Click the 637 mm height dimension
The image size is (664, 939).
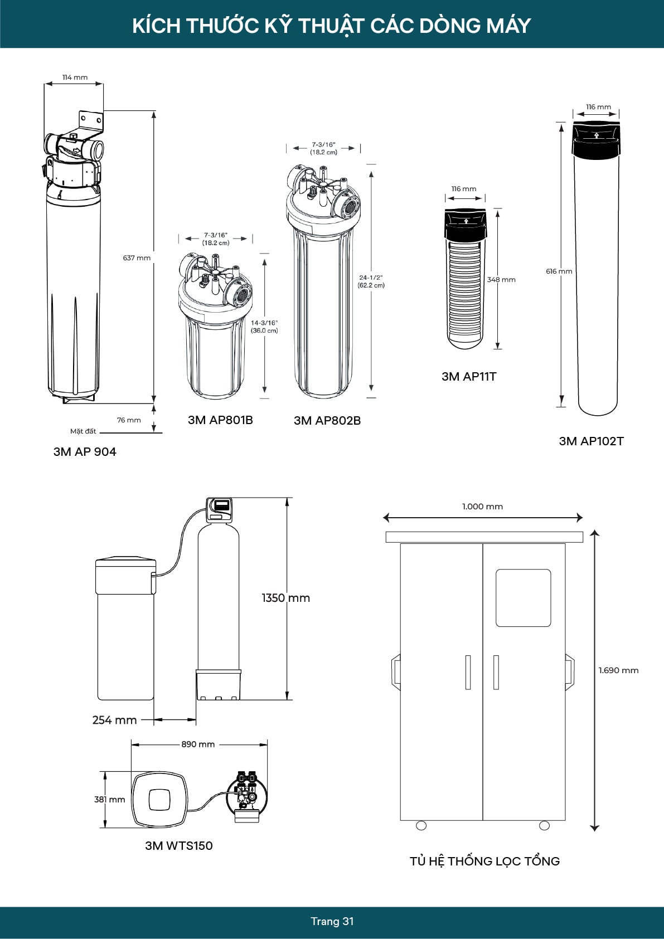click(137, 258)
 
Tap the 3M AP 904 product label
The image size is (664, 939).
click(85, 452)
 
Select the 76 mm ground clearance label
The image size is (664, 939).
click(129, 420)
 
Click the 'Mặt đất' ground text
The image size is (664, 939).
click(83, 431)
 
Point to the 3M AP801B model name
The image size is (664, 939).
click(220, 420)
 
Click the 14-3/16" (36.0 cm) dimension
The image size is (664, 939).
click(264, 327)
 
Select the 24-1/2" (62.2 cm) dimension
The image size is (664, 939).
click(371, 281)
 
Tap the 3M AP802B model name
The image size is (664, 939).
click(327, 421)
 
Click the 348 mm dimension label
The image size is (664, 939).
click(501, 280)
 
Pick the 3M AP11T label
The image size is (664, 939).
click(469, 377)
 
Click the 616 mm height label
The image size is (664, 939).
click(559, 271)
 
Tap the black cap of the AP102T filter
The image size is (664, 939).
click(596, 140)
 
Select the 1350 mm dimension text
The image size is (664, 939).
click(285, 598)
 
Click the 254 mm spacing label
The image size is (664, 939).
click(114, 720)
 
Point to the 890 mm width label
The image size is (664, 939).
click(198, 745)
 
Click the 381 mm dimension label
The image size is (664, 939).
click(110, 800)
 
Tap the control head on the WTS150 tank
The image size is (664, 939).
click(220, 509)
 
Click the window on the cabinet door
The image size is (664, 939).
click(523, 597)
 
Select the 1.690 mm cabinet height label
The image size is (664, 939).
click(618, 670)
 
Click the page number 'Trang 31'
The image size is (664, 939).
click(332, 921)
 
